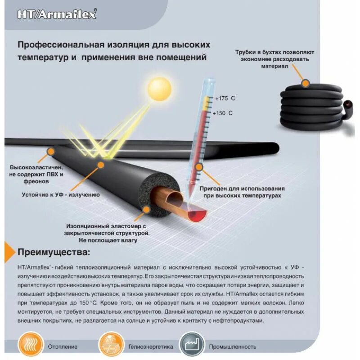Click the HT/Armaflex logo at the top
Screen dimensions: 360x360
pos(57,14)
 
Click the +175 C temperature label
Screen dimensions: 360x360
pos(225,98)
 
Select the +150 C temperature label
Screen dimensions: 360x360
pos(224,113)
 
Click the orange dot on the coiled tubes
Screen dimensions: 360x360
pos(306,83)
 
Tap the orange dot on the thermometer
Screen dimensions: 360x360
pos(201,167)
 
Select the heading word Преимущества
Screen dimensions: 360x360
pos(54,251)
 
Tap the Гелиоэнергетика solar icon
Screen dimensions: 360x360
pos(110,345)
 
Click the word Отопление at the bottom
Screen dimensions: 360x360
pos(63,346)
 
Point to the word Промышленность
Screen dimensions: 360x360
pos(232,346)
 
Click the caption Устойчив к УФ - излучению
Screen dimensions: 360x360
pos(61,195)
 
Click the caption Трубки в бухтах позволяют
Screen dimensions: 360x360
pos(274,52)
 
